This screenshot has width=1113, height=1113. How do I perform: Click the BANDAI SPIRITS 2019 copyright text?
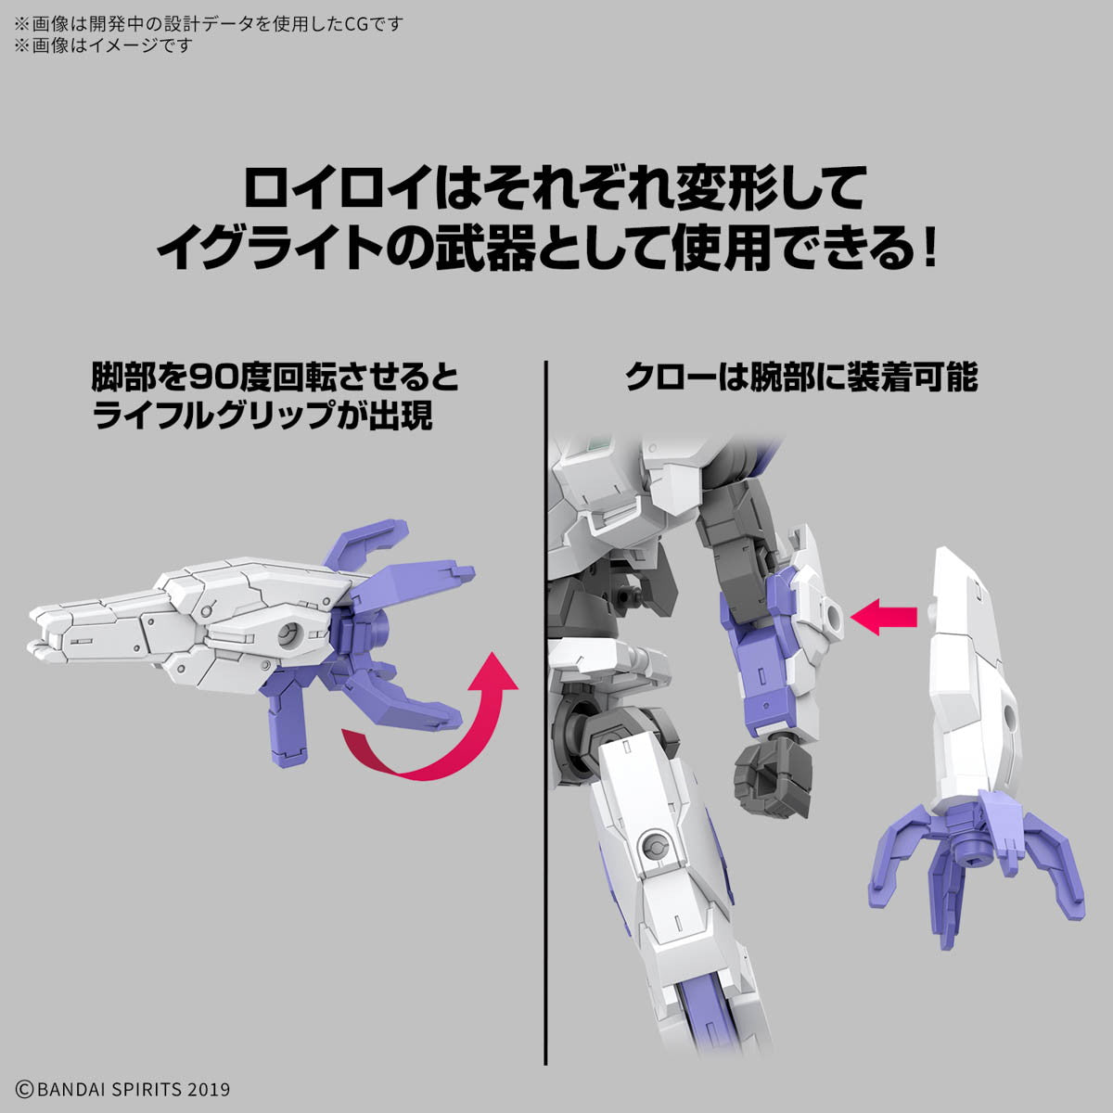122,1089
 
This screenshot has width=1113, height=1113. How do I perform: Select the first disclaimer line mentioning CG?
209,24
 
